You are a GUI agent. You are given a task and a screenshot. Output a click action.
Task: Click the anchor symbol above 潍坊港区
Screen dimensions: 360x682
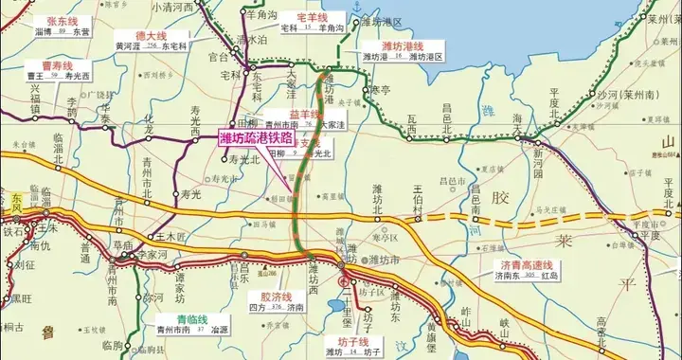(x=356, y=8)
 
